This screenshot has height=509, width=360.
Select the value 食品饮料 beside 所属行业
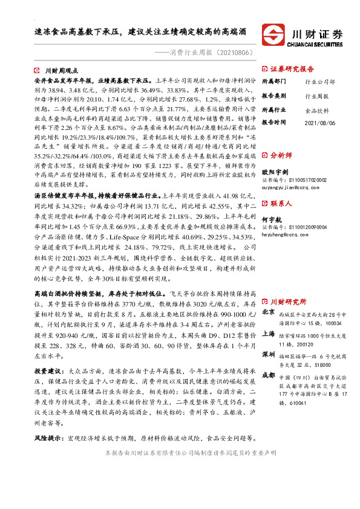(316, 111)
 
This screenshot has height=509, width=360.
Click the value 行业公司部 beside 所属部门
(318, 81)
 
